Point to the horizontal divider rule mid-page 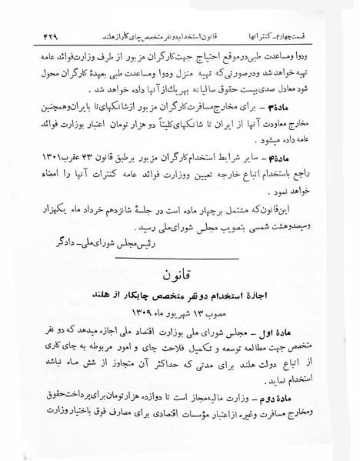(180, 262)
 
